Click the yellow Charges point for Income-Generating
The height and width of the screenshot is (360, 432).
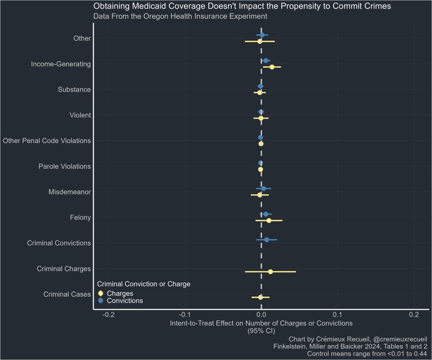(x=272, y=67)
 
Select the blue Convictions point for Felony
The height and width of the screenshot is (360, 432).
(x=266, y=214)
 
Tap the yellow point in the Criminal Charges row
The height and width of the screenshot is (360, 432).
(x=270, y=272)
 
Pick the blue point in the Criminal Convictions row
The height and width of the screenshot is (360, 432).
(x=266, y=240)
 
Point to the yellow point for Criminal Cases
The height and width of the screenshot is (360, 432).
(x=261, y=297)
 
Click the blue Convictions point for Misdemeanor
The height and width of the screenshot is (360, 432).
(x=264, y=189)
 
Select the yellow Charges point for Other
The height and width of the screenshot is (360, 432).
(x=260, y=41)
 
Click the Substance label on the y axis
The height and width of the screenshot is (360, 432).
(x=74, y=89)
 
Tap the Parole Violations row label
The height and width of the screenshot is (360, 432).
(x=64, y=167)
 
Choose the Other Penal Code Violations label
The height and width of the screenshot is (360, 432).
(x=47, y=141)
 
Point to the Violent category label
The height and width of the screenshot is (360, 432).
(x=80, y=115)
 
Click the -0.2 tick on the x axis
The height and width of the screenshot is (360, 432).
(x=108, y=314)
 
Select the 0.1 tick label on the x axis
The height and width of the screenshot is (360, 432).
(x=337, y=314)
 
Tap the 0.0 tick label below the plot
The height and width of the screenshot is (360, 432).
(x=261, y=314)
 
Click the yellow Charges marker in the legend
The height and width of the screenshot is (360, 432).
(x=101, y=293)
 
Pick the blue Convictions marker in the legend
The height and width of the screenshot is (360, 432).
(x=101, y=300)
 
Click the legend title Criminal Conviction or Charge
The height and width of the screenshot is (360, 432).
(x=144, y=284)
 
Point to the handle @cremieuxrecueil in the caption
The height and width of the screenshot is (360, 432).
(x=400, y=339)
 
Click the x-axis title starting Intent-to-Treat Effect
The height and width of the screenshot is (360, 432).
(x=261, y=323)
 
